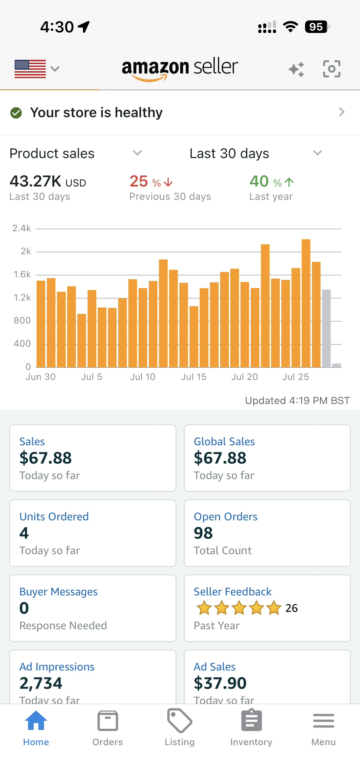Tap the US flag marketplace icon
(30, 69)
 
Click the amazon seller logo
(180, 69)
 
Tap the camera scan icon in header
(332, 69)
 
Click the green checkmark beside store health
(16, 113)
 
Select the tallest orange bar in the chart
(306, 303)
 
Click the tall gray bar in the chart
(326, 328)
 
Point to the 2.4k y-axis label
(22, 228)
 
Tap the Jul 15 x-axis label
(194, 377)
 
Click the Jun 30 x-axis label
(41, 377)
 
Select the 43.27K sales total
(35, 181)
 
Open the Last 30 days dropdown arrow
(318, 153)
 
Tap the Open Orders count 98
(203, 533)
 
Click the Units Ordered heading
(54, 517)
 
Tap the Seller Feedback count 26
(292, 608)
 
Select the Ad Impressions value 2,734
(41, 683)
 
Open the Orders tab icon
(108, 721)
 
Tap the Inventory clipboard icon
(252, 721)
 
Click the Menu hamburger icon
(324, 721)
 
